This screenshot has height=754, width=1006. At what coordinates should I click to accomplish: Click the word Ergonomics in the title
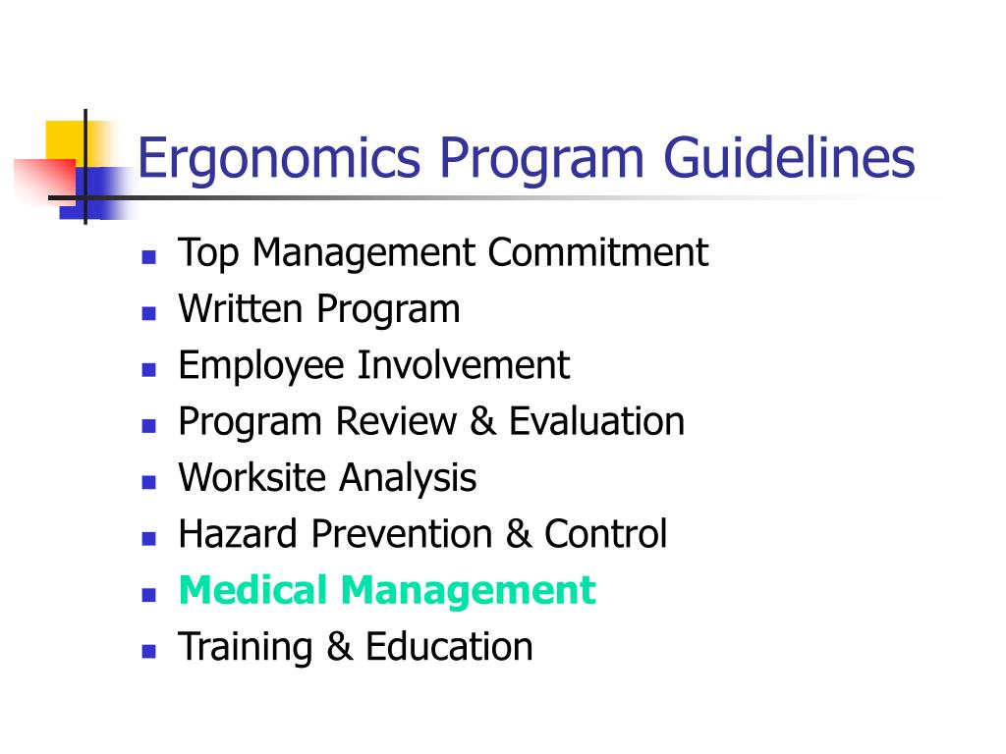(x=279, y=160)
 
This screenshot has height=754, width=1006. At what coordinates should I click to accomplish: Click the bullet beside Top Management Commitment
(x=149, y=257)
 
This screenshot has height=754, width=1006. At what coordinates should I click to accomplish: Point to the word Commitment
(x=598, y=252)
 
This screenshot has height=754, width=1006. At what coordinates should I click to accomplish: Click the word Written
(x=241, y=308)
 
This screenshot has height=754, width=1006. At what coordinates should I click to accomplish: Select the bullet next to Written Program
(x=149, y=313)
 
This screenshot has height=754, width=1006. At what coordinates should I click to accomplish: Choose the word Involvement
(x=464, y=365)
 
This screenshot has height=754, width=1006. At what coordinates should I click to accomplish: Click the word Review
(x=396, y=421)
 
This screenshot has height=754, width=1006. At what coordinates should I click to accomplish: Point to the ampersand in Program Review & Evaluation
(x=483, y=421)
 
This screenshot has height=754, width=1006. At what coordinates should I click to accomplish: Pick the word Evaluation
(x=596, y=421)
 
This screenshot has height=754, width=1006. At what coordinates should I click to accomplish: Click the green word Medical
(x=253, y=590)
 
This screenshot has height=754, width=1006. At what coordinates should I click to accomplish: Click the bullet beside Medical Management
(x=149, y=595)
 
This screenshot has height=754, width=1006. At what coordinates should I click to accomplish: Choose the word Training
(x=246, y=648)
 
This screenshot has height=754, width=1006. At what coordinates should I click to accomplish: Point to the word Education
(x=449, y=646)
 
